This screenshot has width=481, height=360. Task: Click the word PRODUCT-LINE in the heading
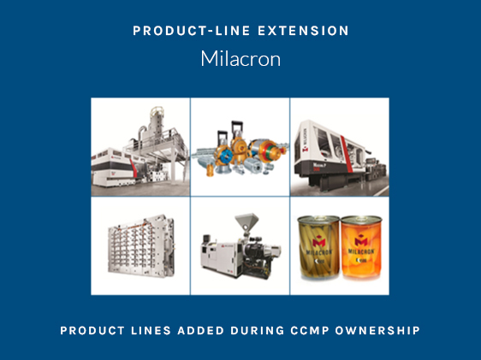pos(192,31)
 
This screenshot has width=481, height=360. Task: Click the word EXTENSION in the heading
pos(303,31)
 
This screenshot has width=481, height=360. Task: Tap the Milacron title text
pos(240,58)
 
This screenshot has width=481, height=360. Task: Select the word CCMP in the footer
pos(310,331)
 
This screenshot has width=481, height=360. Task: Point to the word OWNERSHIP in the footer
pos(377,331)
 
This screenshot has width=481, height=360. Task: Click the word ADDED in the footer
pos(200,331)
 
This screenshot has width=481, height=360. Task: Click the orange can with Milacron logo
pos(362,247)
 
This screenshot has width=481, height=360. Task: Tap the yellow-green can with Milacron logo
pos(319,248)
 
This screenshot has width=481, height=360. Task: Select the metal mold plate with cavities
pos(141,245)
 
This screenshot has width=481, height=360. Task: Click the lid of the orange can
pos(362,220)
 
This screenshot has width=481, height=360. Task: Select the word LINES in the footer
pos(151,331)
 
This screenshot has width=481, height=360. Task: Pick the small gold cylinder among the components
pos(210,169)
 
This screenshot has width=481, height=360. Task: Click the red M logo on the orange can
pos(361,241)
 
